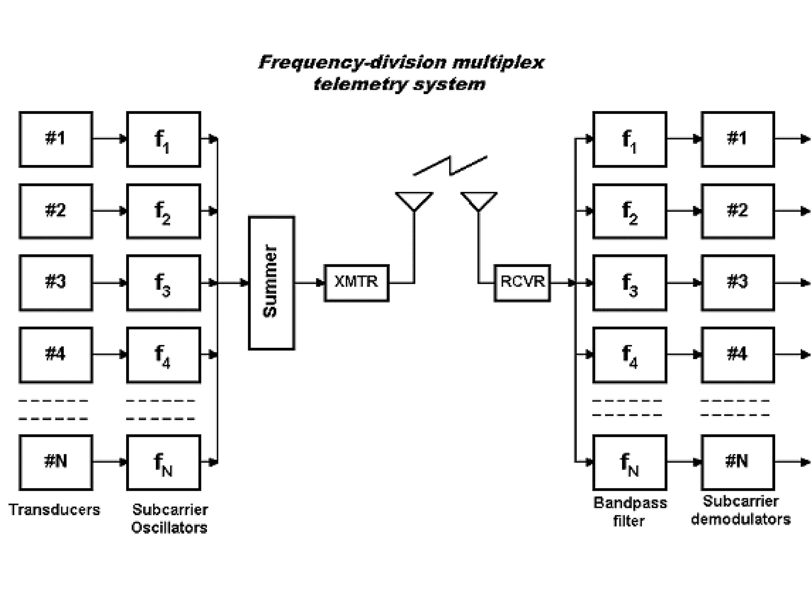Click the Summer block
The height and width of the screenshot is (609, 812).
271,283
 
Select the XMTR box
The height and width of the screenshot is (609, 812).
356,283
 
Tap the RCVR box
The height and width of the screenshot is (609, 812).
522,283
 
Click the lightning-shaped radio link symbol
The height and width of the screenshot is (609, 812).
450,166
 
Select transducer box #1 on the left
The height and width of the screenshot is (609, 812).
56,139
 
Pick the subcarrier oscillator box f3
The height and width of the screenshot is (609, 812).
163,283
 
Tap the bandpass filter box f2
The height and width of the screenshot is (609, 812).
630,211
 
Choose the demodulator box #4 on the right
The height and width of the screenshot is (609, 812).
737,354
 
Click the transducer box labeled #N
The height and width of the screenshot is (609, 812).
56,462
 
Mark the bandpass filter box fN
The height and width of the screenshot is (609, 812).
630,462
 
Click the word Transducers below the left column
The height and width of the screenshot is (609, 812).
54,510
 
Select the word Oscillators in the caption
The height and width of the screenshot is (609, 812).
169,528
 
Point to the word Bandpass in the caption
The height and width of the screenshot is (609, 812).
630,503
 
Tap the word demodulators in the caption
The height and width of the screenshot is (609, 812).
741,519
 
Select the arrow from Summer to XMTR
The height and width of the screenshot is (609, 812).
310,283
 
